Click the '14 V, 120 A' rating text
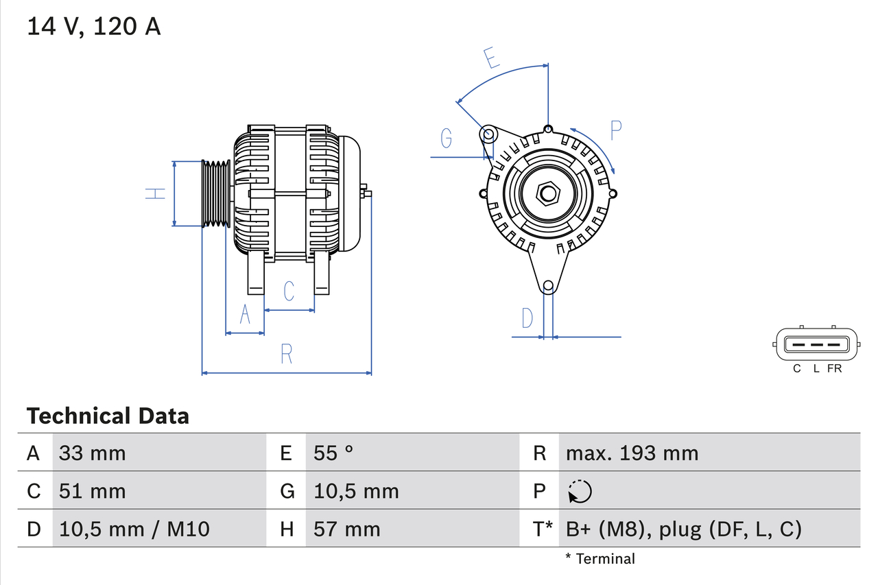[x=93, y=27]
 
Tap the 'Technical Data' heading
[x=107, y=416]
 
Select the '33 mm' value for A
[x=92, y=453]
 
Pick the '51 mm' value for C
[x=92, y=491]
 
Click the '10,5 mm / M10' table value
[x=134, y=529]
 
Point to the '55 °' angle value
[x=333, y=453]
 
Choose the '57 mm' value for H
[x=346, y=529]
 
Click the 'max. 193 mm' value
[x=632, y=453]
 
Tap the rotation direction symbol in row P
[x=580, y=491]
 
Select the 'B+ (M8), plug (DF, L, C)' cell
[x=683, y=529]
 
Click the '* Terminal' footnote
[x=600, y=559]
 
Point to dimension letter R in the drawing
[x=287, y=354]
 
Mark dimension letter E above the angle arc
[x=490, y=59]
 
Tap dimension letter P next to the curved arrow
[x=615, y=130]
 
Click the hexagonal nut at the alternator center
[x=547, y=193]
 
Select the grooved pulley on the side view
[x=215, y=193]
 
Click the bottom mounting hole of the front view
[x=548, y=286]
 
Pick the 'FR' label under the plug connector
[x=834, y=369]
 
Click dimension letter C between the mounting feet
[x=289, y=291]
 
